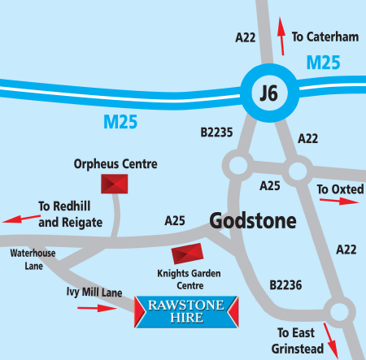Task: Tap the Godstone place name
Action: pos(252,220)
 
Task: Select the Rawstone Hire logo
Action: pos(187,310)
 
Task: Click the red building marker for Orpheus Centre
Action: pos(114,184)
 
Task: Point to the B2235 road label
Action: pos(216,133)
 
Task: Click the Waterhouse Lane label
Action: pos(33,258)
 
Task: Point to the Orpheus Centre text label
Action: pos(115,164)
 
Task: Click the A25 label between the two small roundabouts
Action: pos(269,186)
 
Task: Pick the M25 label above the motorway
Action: pos(325,62)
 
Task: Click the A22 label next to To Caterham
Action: pos(246,37)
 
